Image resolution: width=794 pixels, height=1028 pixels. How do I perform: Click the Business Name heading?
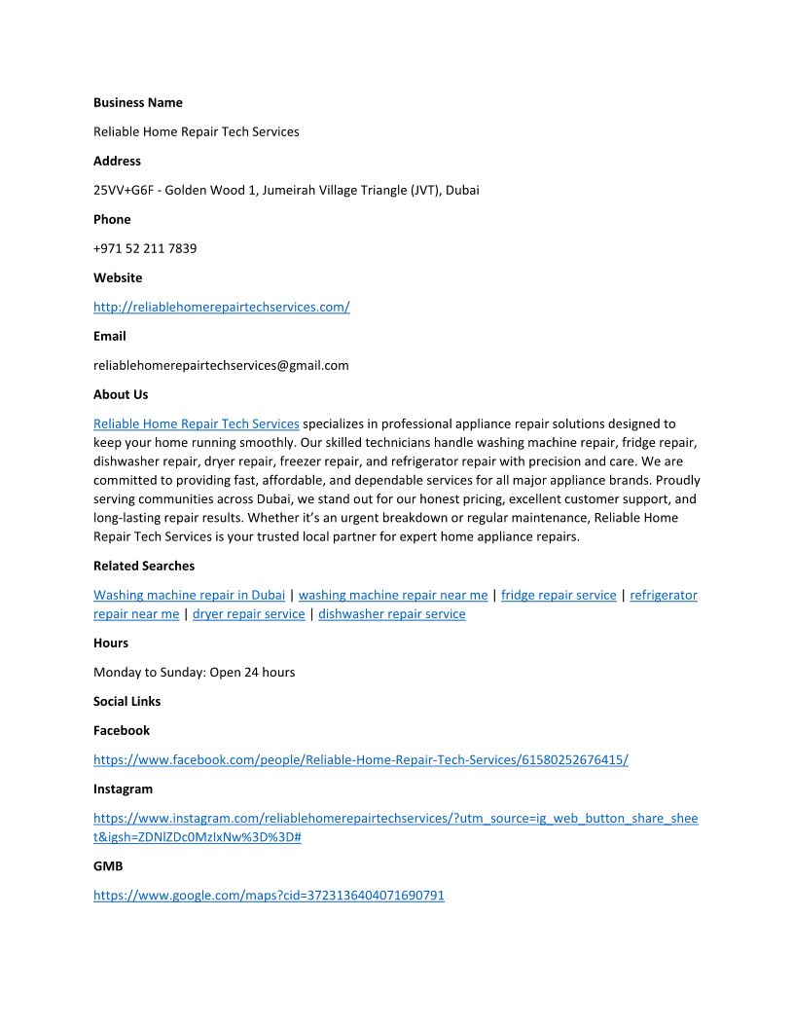(x=137, y=102)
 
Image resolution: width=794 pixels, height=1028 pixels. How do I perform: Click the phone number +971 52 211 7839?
(x=145, y=248)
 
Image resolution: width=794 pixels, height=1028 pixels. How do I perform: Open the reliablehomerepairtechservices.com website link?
(x=221, y=307)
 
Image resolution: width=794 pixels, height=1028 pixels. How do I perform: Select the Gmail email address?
(x=221, y=365)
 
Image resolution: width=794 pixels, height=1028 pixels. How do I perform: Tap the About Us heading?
(x=121, y=394)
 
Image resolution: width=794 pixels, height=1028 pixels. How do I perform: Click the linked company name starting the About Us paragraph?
(x=196, y=423)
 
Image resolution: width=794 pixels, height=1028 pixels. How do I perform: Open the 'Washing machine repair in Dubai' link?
(x=189, y=595)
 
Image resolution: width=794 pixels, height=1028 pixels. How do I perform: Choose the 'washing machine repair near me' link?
(x=393, y=595)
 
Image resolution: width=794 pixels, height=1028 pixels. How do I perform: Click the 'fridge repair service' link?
(x=559, y=595)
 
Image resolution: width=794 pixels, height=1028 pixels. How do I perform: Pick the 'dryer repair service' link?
(x=248, y=614)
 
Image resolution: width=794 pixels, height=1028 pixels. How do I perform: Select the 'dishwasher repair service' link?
(x=391, y=614)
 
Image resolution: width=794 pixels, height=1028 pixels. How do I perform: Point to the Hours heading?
(x=111, y=642)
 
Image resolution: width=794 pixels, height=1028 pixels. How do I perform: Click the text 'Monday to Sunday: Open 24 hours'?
(x=194, y=672)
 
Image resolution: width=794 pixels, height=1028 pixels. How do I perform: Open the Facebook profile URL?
(x=360, y=759)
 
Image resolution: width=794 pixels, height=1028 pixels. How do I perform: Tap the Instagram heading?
(x=123, y=789)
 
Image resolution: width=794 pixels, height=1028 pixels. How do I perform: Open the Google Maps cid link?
(x=269, y=896)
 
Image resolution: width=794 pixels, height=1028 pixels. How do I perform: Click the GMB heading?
(x=108, y=865)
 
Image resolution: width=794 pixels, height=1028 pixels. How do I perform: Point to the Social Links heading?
(x=126, y=701)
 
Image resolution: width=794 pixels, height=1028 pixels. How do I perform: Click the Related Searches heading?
(x=144, y=566)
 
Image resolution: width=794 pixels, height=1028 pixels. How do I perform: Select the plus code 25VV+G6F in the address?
(x=124, y=190)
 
